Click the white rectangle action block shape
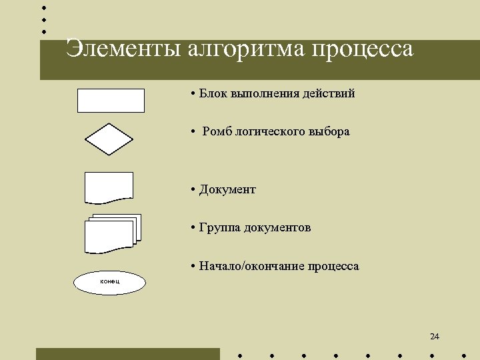click(x=111, y=100)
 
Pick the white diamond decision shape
click(x=109, y=139)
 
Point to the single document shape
click(x=109, y=187)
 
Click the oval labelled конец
click(x=109, y=283)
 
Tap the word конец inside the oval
click(x=109, y=281)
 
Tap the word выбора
click(x=329, y=131)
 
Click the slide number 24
click(x=435, y=336)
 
